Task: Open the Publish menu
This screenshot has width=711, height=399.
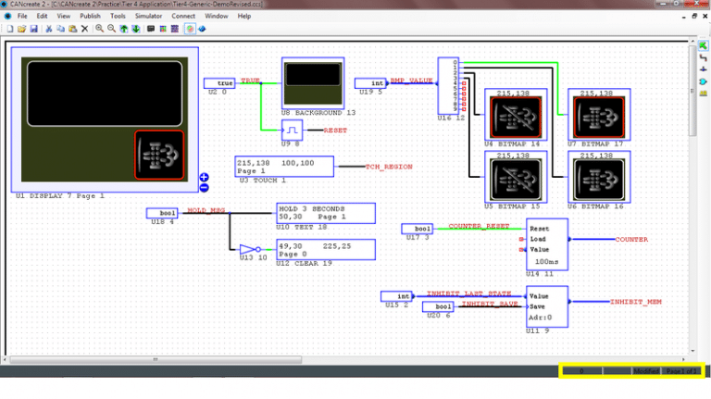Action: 90,16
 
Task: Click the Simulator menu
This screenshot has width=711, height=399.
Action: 148,16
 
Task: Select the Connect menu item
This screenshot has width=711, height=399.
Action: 183,16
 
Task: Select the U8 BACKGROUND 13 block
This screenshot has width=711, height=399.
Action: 312,82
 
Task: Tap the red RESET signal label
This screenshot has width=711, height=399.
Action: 335,131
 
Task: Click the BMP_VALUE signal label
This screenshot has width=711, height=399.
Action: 410,81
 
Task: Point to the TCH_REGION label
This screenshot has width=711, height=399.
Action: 388,167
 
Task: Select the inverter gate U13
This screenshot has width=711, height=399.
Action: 247,249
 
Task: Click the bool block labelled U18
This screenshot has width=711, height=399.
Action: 162,213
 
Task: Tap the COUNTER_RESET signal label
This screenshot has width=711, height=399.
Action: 479,226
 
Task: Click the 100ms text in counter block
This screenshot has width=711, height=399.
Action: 545,261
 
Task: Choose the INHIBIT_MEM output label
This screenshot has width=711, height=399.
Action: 635,302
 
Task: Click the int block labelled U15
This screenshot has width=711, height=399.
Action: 396,296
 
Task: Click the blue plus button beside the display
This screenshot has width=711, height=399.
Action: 204,177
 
